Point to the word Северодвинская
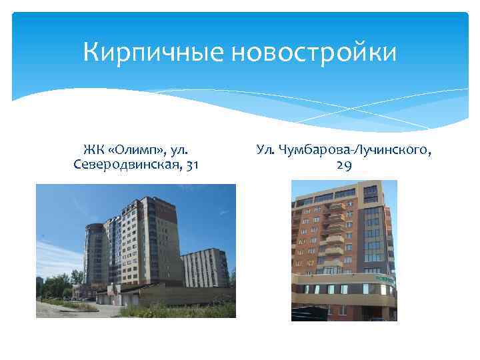(124, 164)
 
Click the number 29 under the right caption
(344, 167)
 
